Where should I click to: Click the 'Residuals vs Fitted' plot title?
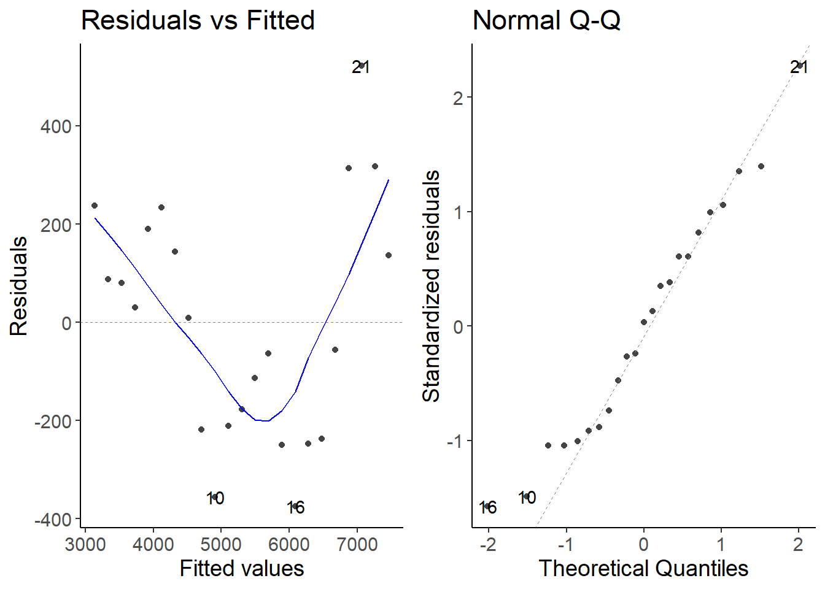[198, 20]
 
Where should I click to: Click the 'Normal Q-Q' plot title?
[546, 20]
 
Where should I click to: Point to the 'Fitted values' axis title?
[242, 568]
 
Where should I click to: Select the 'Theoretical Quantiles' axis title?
[643, 568]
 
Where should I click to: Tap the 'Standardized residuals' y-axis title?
[432, 286]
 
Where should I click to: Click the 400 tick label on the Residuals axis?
[56, 127]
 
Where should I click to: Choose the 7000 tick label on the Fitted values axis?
[357, 544]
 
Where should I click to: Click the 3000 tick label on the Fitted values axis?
[85, 544]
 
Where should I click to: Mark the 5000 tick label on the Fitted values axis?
[221, 544]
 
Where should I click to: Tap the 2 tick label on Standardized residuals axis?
[458, 98]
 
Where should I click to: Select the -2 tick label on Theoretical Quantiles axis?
[488, 544]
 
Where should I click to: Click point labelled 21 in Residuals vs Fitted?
[362, 65]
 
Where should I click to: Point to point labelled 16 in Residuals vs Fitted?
[295, 506]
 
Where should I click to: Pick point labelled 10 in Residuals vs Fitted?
[215, 497]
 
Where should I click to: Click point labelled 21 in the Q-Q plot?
[800, 65]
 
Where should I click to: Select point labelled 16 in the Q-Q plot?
[487, 506]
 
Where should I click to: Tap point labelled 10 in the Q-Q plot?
[526, 496]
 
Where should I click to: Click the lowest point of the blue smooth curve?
[265, 421]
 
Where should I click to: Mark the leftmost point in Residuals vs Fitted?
[95, 206]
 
